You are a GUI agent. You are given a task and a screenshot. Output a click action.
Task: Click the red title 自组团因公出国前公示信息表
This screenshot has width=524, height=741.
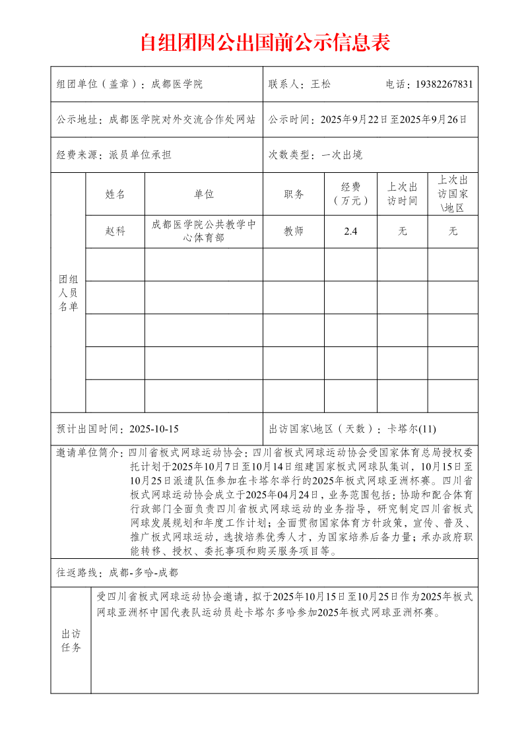265,42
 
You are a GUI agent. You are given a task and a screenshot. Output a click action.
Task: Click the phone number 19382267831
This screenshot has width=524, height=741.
444,84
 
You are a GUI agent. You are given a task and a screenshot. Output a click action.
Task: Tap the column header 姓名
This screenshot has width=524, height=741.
115,194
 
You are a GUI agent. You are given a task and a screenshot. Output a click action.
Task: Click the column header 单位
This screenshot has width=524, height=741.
204,194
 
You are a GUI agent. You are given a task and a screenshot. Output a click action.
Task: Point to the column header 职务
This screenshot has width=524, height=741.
294,194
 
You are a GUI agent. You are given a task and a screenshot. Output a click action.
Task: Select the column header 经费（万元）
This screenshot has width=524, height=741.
350,194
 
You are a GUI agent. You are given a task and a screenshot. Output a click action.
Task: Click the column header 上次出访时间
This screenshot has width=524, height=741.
403,194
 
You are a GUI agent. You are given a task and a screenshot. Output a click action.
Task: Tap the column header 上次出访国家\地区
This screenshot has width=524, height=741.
453,194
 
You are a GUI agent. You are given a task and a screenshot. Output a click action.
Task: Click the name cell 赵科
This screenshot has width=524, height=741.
115,232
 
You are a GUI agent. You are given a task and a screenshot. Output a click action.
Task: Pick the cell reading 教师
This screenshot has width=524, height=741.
294,232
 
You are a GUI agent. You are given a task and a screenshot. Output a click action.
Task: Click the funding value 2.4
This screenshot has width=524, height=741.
350,232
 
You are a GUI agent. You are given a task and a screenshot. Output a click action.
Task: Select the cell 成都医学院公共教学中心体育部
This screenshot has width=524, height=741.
204,232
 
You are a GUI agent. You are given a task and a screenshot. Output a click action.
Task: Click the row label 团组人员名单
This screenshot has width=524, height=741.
68,293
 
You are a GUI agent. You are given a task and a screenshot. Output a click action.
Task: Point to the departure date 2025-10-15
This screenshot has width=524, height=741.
154,429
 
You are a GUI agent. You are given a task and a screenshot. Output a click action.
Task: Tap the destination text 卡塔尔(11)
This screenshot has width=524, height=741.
412,429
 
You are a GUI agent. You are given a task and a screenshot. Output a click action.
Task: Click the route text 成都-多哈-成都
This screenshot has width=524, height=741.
143,572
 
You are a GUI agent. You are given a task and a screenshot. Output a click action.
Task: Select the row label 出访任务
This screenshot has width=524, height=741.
71,640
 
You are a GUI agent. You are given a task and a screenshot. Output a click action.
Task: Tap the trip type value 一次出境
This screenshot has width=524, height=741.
342,155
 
